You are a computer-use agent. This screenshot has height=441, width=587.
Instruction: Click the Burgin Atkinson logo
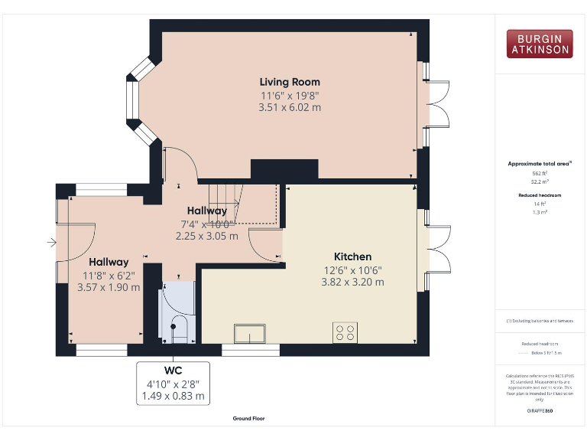click(539, 44)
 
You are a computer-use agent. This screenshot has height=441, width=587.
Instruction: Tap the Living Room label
click(290, 82)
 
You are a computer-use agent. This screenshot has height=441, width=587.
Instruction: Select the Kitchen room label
click(352, 256)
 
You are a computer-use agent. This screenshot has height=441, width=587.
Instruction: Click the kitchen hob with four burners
click(345, 332)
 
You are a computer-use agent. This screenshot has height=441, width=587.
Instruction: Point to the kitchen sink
click(250, 333)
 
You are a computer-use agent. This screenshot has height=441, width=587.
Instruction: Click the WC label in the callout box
click(173, 370)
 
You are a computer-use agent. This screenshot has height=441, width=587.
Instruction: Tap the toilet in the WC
click(177, 329)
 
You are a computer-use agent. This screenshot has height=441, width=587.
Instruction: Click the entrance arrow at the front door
click(51, 243)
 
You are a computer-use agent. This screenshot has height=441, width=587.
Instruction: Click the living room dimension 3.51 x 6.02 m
click(290, 108)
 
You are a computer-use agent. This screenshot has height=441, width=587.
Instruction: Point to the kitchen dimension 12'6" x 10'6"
click(352, 269)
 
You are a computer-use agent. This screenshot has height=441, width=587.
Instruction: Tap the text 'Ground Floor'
click(249, 419)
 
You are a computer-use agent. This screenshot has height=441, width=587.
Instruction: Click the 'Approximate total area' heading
click(540, 163)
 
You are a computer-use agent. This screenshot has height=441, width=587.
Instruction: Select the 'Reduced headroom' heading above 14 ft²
click(540, 195)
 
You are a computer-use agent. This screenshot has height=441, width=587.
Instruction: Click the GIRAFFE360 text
click(540, 411)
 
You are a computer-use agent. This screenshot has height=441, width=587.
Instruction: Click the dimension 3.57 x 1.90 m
click(109, 288)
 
